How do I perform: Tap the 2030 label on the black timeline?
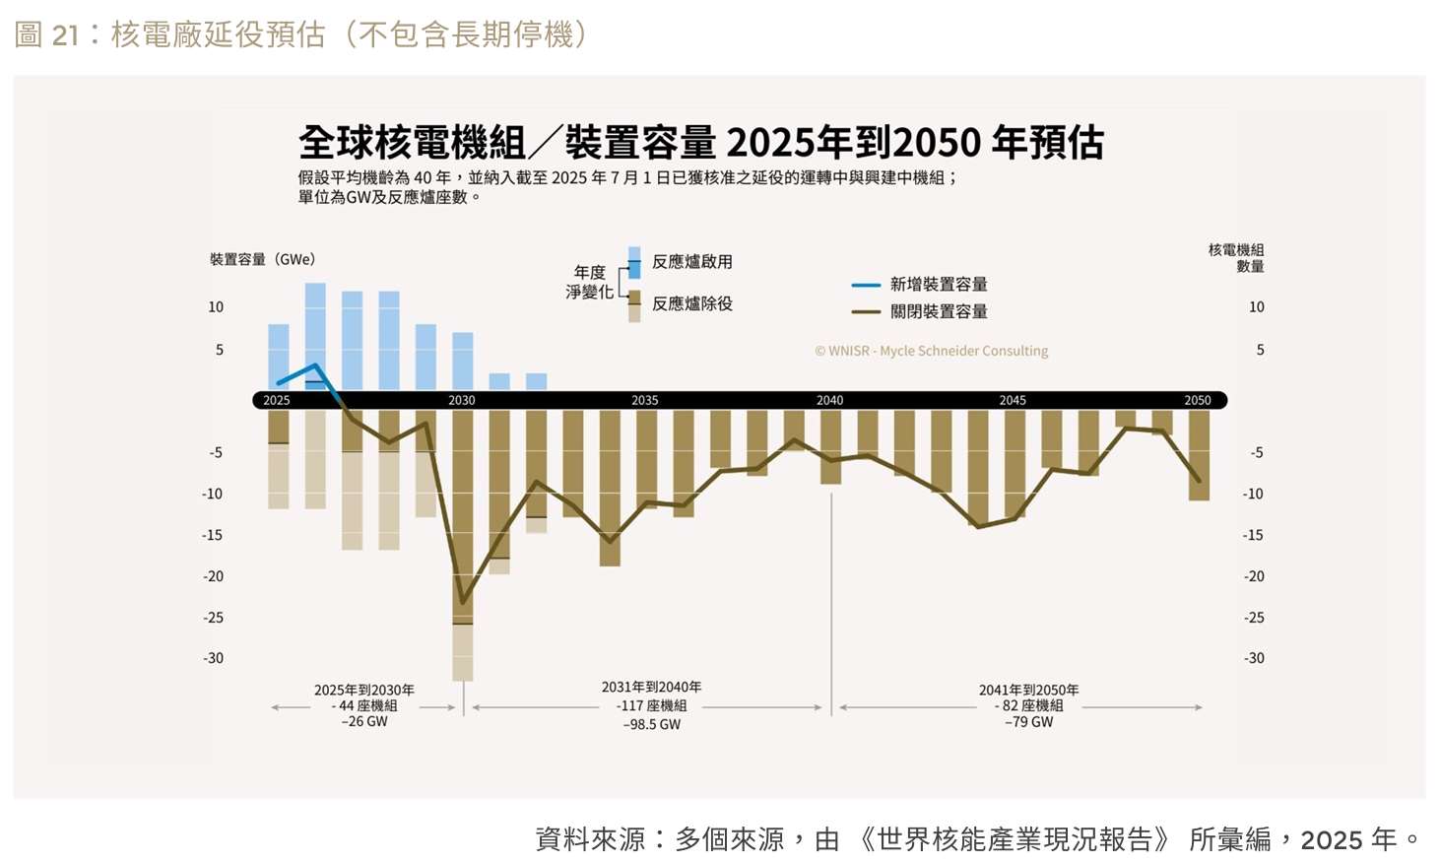461,400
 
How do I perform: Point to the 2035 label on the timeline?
644,400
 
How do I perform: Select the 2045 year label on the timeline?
1013,400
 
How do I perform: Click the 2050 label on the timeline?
1197,400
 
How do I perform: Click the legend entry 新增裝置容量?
938,285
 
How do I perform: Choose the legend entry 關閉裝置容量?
938,311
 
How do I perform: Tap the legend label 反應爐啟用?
692,262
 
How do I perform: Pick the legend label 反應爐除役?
692,303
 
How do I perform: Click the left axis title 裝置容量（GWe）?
262,259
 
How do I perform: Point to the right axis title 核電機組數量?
1236,258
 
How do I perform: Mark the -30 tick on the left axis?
213,658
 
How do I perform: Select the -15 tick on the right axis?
1253,535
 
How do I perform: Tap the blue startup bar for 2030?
463,360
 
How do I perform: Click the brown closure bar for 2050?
1199,455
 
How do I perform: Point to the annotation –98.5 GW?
652,724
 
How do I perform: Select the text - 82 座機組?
1028,705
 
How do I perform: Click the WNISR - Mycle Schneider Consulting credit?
931,351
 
